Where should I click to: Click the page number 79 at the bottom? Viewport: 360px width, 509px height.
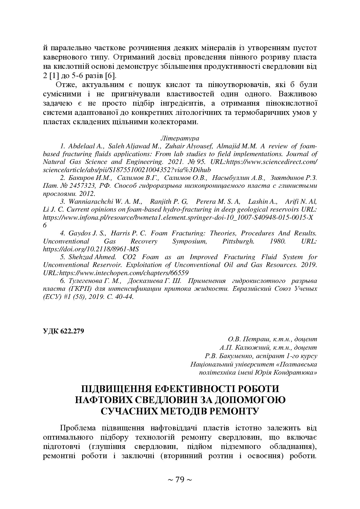(180, 480)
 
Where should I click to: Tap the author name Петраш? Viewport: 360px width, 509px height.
(255, 339)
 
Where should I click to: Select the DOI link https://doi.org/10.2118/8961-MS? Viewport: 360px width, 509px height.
(91, 249)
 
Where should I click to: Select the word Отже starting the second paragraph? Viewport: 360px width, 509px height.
(65, 85)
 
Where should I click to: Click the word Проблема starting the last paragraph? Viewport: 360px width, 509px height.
(78, 428)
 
